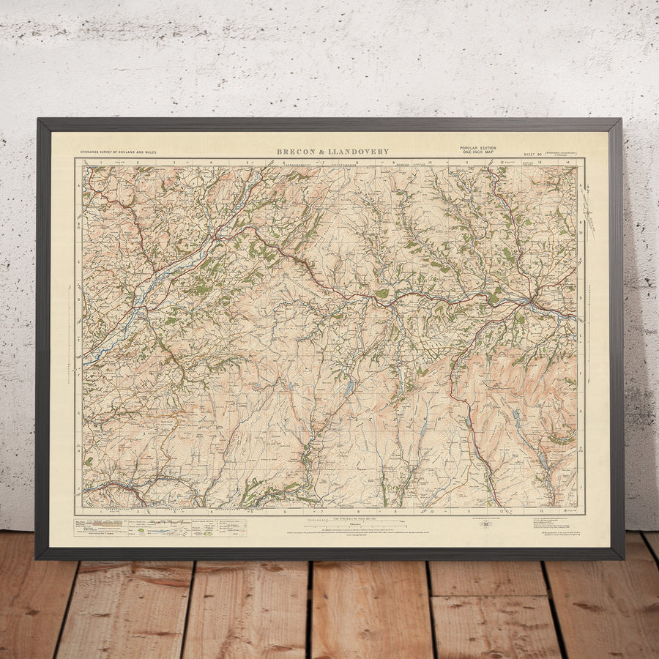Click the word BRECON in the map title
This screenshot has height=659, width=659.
point(295,152)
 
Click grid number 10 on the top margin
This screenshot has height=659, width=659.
point(430,162)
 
